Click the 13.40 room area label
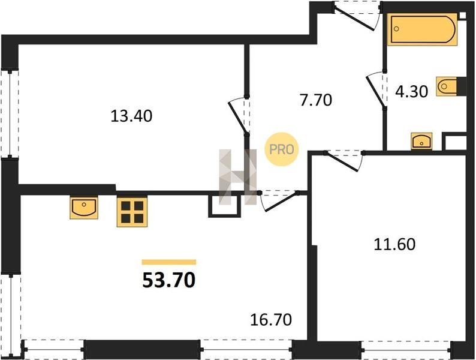coord(131,116)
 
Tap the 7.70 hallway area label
coord(316,100)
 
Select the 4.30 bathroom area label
coord(412,91)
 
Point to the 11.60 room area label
coord(394,244)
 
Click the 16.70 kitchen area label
coord(271,320)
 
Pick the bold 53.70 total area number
coord(169,280)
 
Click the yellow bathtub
coord(422,29)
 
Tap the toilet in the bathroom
coord(447,86)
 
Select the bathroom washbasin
coord(421,141)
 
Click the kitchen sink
coord(84,208)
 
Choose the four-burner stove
coord(132,212)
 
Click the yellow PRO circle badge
coord(281,149)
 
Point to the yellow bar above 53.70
coord(169,262)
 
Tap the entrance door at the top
coord(357,16)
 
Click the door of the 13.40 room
coord(239,115)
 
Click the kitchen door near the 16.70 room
coord(279,201)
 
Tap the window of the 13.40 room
coord(10,114)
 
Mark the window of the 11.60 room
coord(406,350)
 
